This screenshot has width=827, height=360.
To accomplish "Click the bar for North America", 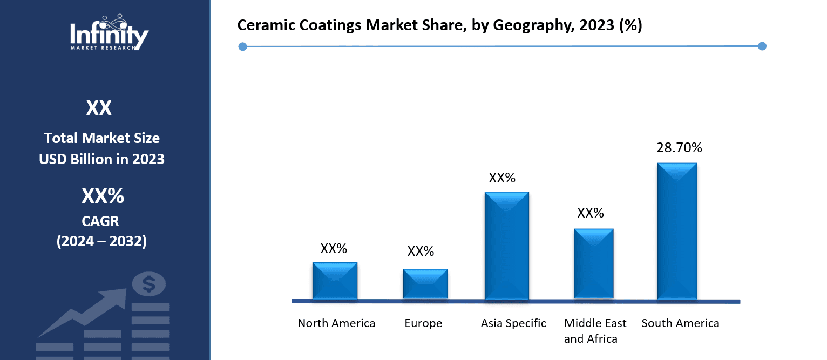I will [335, 281].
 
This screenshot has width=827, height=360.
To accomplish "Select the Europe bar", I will [425, 284].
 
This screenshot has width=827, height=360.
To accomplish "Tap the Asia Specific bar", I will [506, 246].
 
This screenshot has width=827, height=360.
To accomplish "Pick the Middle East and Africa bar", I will [593, 263].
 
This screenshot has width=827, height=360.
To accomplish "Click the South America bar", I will [677, 231].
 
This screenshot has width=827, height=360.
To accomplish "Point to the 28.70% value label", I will [679, 147].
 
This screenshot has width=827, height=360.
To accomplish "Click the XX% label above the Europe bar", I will [421, 251].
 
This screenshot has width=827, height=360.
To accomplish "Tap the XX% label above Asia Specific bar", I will [502, 178].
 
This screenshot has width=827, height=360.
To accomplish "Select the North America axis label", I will [336, 323].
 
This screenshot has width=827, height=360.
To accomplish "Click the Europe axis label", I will [423, 323].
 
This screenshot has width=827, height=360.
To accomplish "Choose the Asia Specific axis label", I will [513, 323].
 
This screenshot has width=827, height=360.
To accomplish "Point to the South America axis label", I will [680, 323].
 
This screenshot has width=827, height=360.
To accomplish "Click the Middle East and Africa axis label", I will [595, 331].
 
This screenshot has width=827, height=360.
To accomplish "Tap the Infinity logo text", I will [109, 36].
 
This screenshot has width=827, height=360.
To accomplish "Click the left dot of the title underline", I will [242, 47].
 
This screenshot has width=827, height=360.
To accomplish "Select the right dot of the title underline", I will [762, 46].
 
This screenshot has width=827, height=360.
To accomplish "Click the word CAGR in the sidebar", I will [101, 221].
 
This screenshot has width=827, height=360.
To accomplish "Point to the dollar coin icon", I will [148, 283].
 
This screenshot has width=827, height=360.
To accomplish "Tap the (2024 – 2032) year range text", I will [101, 241].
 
